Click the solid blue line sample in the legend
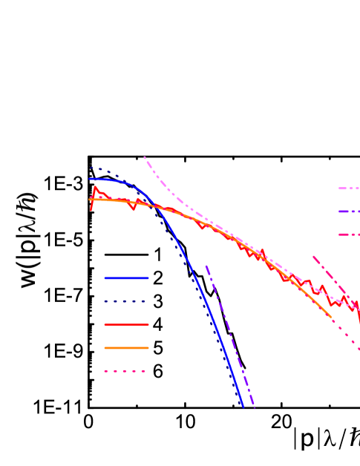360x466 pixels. (x=126, y=278)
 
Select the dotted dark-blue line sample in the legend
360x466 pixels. (x=126, y=301)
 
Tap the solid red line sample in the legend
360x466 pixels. (x=126, y=324)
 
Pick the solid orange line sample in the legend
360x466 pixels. (x=126, y=347)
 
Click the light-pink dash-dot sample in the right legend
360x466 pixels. (x=349, y=188)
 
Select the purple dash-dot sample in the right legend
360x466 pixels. (x=349, y=211)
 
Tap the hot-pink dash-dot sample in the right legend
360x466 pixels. (x=349, y=234)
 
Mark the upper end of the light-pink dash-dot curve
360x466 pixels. (x=144, y=157)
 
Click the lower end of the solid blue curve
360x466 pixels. (x=243, y=406)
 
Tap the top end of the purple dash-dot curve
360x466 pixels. (x=206, y=265)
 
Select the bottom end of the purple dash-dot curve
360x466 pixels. (x=255, y=407)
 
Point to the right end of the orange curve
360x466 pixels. (x=331, y=317)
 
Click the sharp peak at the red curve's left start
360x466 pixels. (x=95, y=187)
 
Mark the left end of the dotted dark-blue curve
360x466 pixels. (x=91, y=168)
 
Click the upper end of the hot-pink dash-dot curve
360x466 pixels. (x=313, y=256)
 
